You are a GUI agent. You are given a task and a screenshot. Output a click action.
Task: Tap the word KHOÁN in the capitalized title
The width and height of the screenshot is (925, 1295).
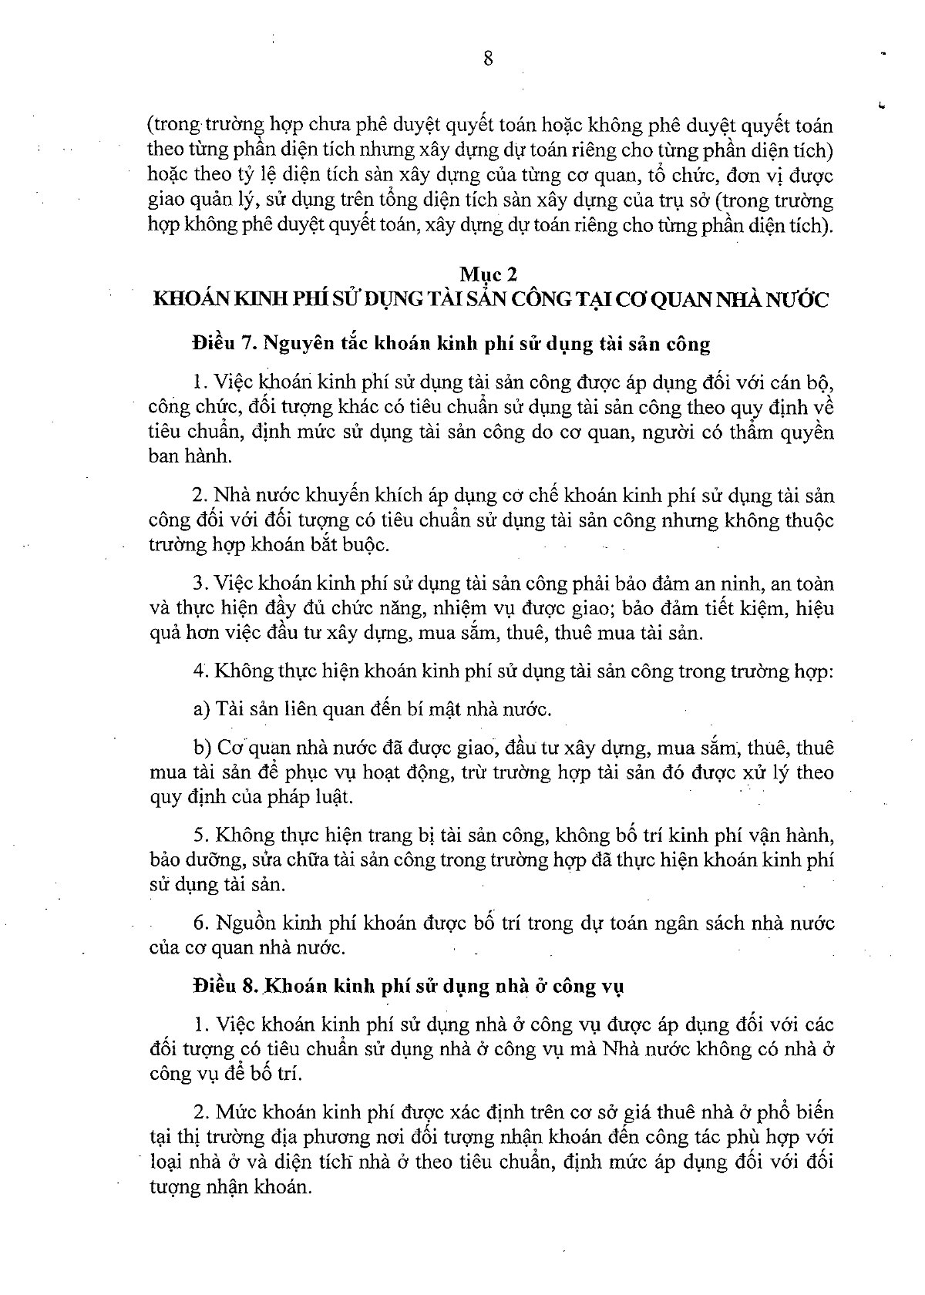187,299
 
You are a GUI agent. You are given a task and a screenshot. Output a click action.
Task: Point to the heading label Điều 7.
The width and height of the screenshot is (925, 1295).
224,343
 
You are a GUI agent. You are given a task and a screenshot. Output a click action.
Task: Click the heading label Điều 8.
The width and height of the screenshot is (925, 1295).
224,986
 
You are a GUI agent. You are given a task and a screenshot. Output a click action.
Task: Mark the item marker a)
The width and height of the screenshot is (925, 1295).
202,708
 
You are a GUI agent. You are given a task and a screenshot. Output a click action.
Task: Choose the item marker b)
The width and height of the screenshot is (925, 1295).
202,747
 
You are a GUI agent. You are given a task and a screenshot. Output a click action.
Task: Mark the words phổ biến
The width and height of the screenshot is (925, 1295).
799,1112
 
